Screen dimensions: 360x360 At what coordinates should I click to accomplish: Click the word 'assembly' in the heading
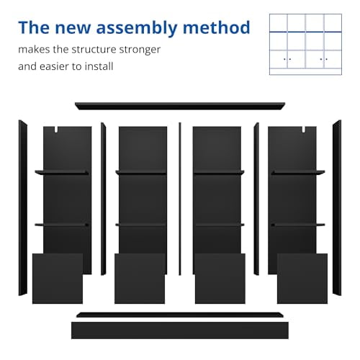click(x=136, y=28)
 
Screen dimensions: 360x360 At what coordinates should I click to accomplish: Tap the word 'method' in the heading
click(x=217, y=27)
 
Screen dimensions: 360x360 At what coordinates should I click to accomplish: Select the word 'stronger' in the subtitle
click(x=140, y=50)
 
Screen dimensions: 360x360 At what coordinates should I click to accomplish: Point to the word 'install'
click(x=99, y=66)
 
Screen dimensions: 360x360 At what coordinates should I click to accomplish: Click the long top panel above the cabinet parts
click(x=180, y=106)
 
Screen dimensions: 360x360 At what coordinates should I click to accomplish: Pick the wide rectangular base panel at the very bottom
click(x=180, y=330)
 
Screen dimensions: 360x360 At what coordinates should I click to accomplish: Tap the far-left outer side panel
click(x=23, y=208)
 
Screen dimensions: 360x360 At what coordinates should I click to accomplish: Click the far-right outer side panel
click(x=337, y=208)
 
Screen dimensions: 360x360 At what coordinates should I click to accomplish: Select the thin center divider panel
click(x=180, y=199)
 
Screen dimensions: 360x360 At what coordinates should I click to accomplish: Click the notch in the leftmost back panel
click(x=56, y=130)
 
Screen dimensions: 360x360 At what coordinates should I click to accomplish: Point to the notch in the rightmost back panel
click(x=304, y=130)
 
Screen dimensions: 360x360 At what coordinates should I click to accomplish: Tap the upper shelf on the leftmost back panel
click(x=62, y=172)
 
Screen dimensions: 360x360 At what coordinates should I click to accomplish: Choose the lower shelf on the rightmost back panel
click(x=298, y=225)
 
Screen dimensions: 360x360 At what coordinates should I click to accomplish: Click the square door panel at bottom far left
click(x=58, y=279)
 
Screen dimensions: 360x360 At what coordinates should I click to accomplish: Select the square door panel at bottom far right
click(x=302, y=279)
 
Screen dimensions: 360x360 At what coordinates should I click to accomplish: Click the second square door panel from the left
click(x=140, y=279)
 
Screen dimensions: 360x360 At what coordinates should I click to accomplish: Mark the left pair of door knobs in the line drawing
click(x=287, y=59)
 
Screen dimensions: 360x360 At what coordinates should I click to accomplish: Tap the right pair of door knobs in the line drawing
click(x=324, y=59)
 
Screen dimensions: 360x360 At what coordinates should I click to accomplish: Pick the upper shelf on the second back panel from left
click(x=141, y=172)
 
